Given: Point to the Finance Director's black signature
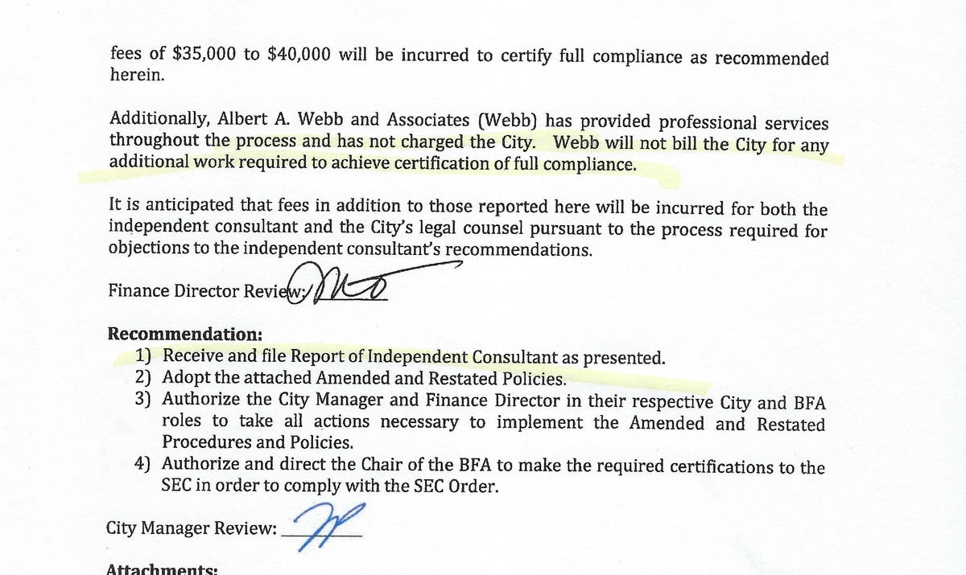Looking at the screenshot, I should [x=351, y=285].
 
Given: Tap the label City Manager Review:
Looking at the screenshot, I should [x=192, y=528].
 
